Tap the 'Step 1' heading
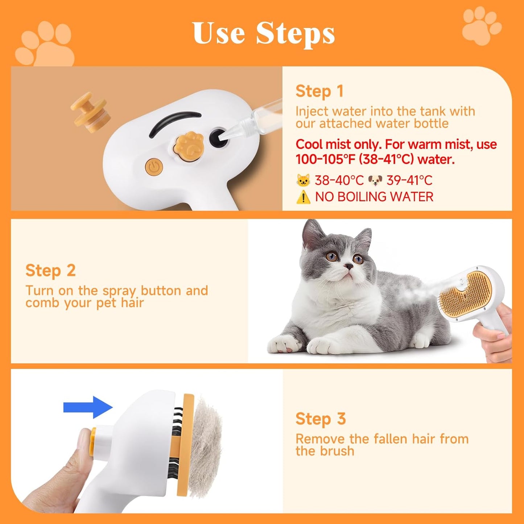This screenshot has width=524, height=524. click(319, 91)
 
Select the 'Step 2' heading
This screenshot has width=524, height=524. click(50, 271)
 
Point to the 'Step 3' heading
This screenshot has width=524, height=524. click(321, 419)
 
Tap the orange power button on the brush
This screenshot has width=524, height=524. click(154, 167)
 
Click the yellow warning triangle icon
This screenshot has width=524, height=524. click(303, 197)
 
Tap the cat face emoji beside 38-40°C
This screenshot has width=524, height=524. click(303, 180)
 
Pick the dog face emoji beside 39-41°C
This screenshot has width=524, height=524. click(375, 180)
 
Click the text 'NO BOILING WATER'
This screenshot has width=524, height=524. click(374, 197)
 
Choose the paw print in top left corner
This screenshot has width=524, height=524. click(45, 45)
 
